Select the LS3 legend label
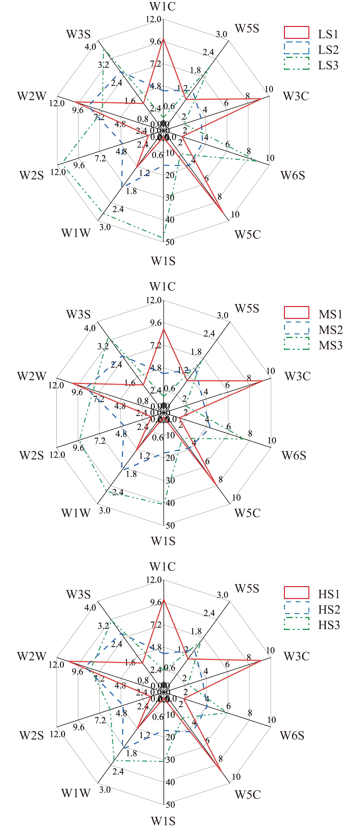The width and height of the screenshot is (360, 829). point(328,65)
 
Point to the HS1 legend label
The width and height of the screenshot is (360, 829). point(329,594)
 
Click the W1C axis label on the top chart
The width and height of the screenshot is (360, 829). point(163,7)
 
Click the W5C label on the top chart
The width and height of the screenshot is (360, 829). point(247,234)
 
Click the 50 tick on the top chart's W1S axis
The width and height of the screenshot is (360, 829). point(170,242)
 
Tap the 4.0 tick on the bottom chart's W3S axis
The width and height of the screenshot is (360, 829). point(90,608)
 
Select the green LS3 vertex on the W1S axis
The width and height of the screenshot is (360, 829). point(164,237)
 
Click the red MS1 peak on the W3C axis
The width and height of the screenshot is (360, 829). point(263,380)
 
